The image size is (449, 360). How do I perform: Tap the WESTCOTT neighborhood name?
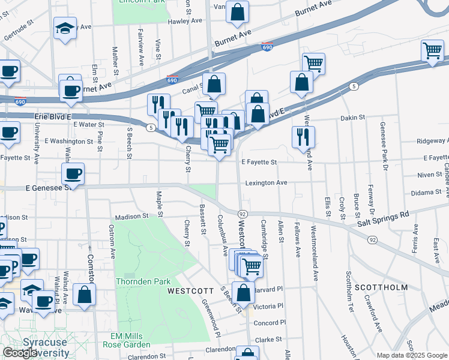click(x=190, y=290)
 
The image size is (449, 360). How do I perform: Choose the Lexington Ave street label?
click(x=265, y=182)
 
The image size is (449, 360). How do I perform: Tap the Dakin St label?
click(x=352, y=118)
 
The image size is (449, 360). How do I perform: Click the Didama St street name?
click(x=426, y=193)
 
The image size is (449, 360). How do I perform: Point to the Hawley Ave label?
click(x=187, y=20)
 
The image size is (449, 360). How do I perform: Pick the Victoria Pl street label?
click(x=268, y=306)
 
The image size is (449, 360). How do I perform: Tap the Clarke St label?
click(x=268, y=339)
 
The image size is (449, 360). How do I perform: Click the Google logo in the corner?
click(x=20, y=353)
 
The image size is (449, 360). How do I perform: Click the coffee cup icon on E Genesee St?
click(x=73, y=174)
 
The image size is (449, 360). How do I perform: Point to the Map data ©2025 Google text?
click(x=412, y=355)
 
